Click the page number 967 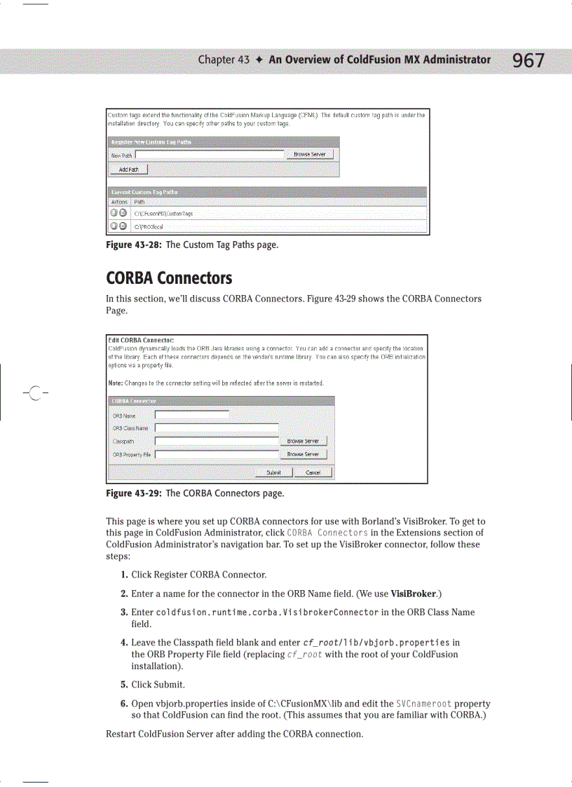[528, 61]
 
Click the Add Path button [128, 170]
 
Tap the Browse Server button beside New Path [310, 155]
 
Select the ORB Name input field [191, 415]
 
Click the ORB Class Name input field [217, 428]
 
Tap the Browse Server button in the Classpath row [303, 442]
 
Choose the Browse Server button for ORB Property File [303, 454]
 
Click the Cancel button [313, 472]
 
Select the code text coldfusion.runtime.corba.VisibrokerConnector [267, 612]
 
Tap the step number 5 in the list [123, 685]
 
